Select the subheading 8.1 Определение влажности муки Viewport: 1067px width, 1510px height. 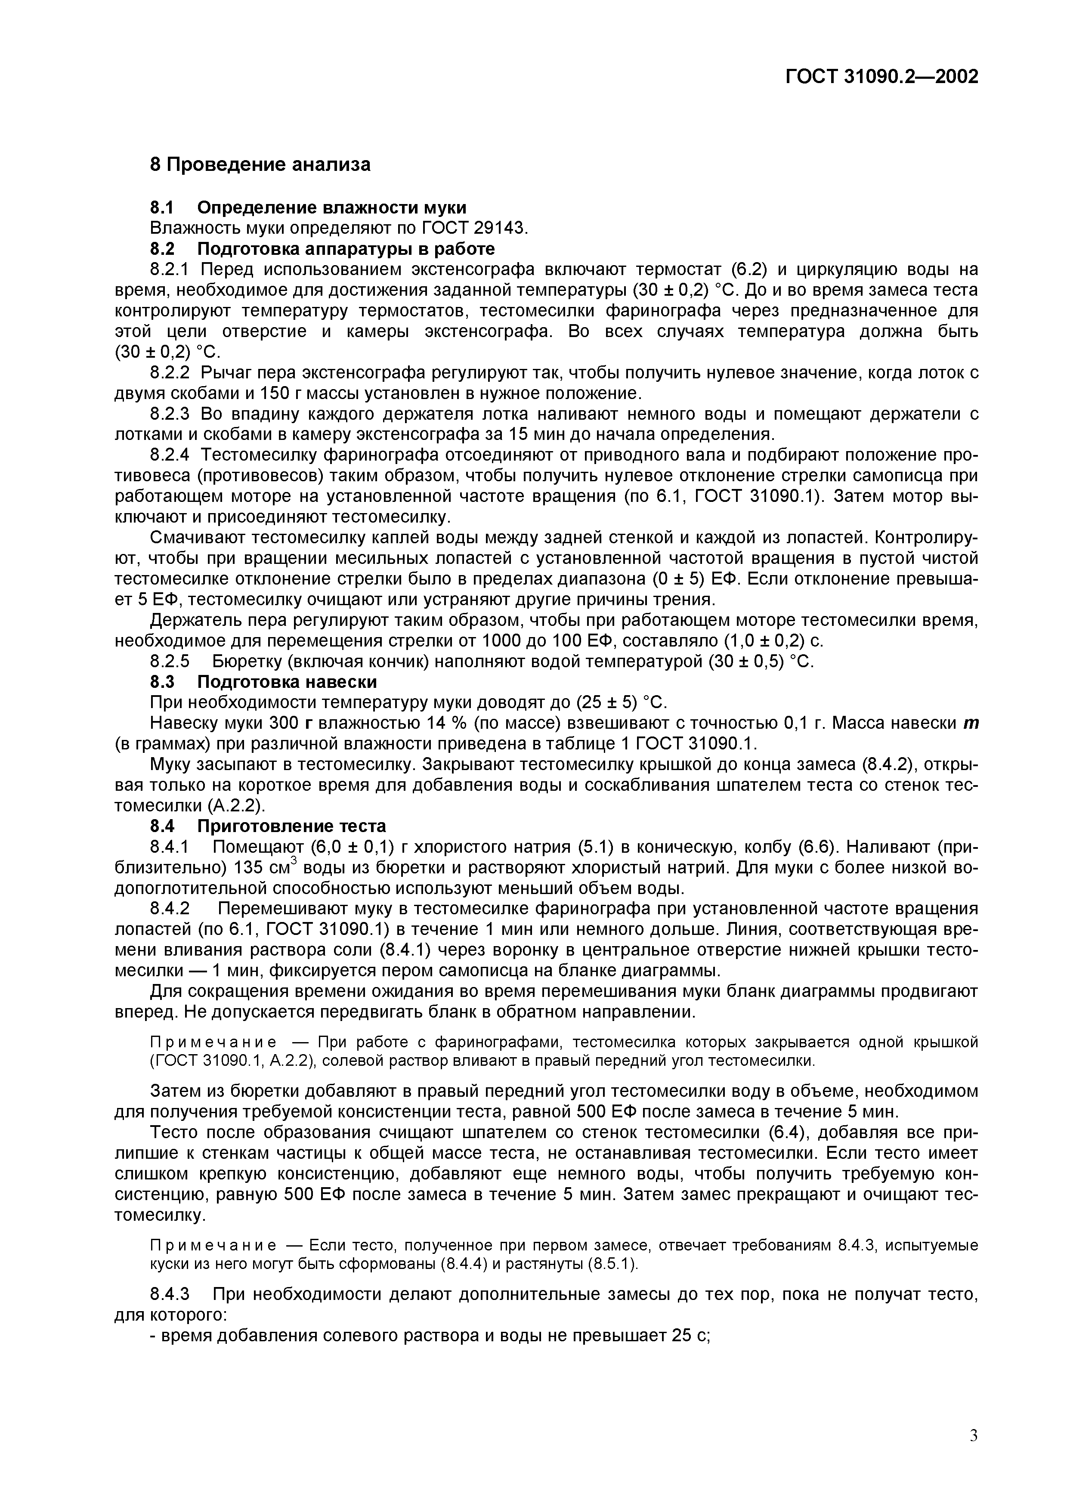click(308, 208)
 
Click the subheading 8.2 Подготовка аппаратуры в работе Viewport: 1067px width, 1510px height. click(322, 249)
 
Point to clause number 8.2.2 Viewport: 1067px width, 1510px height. click(170, 373)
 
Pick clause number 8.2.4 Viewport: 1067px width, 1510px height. click(170, 455)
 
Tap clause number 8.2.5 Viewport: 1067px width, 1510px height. click(170, 662)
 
